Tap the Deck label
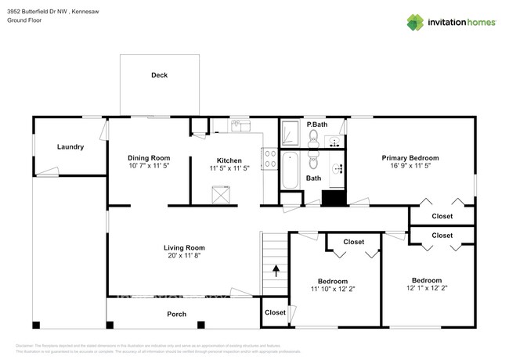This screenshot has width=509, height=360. coord(159,75)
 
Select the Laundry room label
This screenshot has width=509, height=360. coord(70,147)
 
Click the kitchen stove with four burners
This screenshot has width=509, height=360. coord(271,160)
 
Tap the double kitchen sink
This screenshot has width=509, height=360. coord(239,125)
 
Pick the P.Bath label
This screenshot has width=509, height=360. coord(316,125)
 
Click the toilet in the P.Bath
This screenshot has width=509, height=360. coord(313,139)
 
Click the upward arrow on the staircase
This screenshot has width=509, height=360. coord(276,271)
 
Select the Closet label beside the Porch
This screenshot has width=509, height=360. coord(275,312)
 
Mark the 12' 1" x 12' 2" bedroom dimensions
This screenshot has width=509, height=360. coord(427,288)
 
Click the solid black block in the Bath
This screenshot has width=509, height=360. coord(334,199)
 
